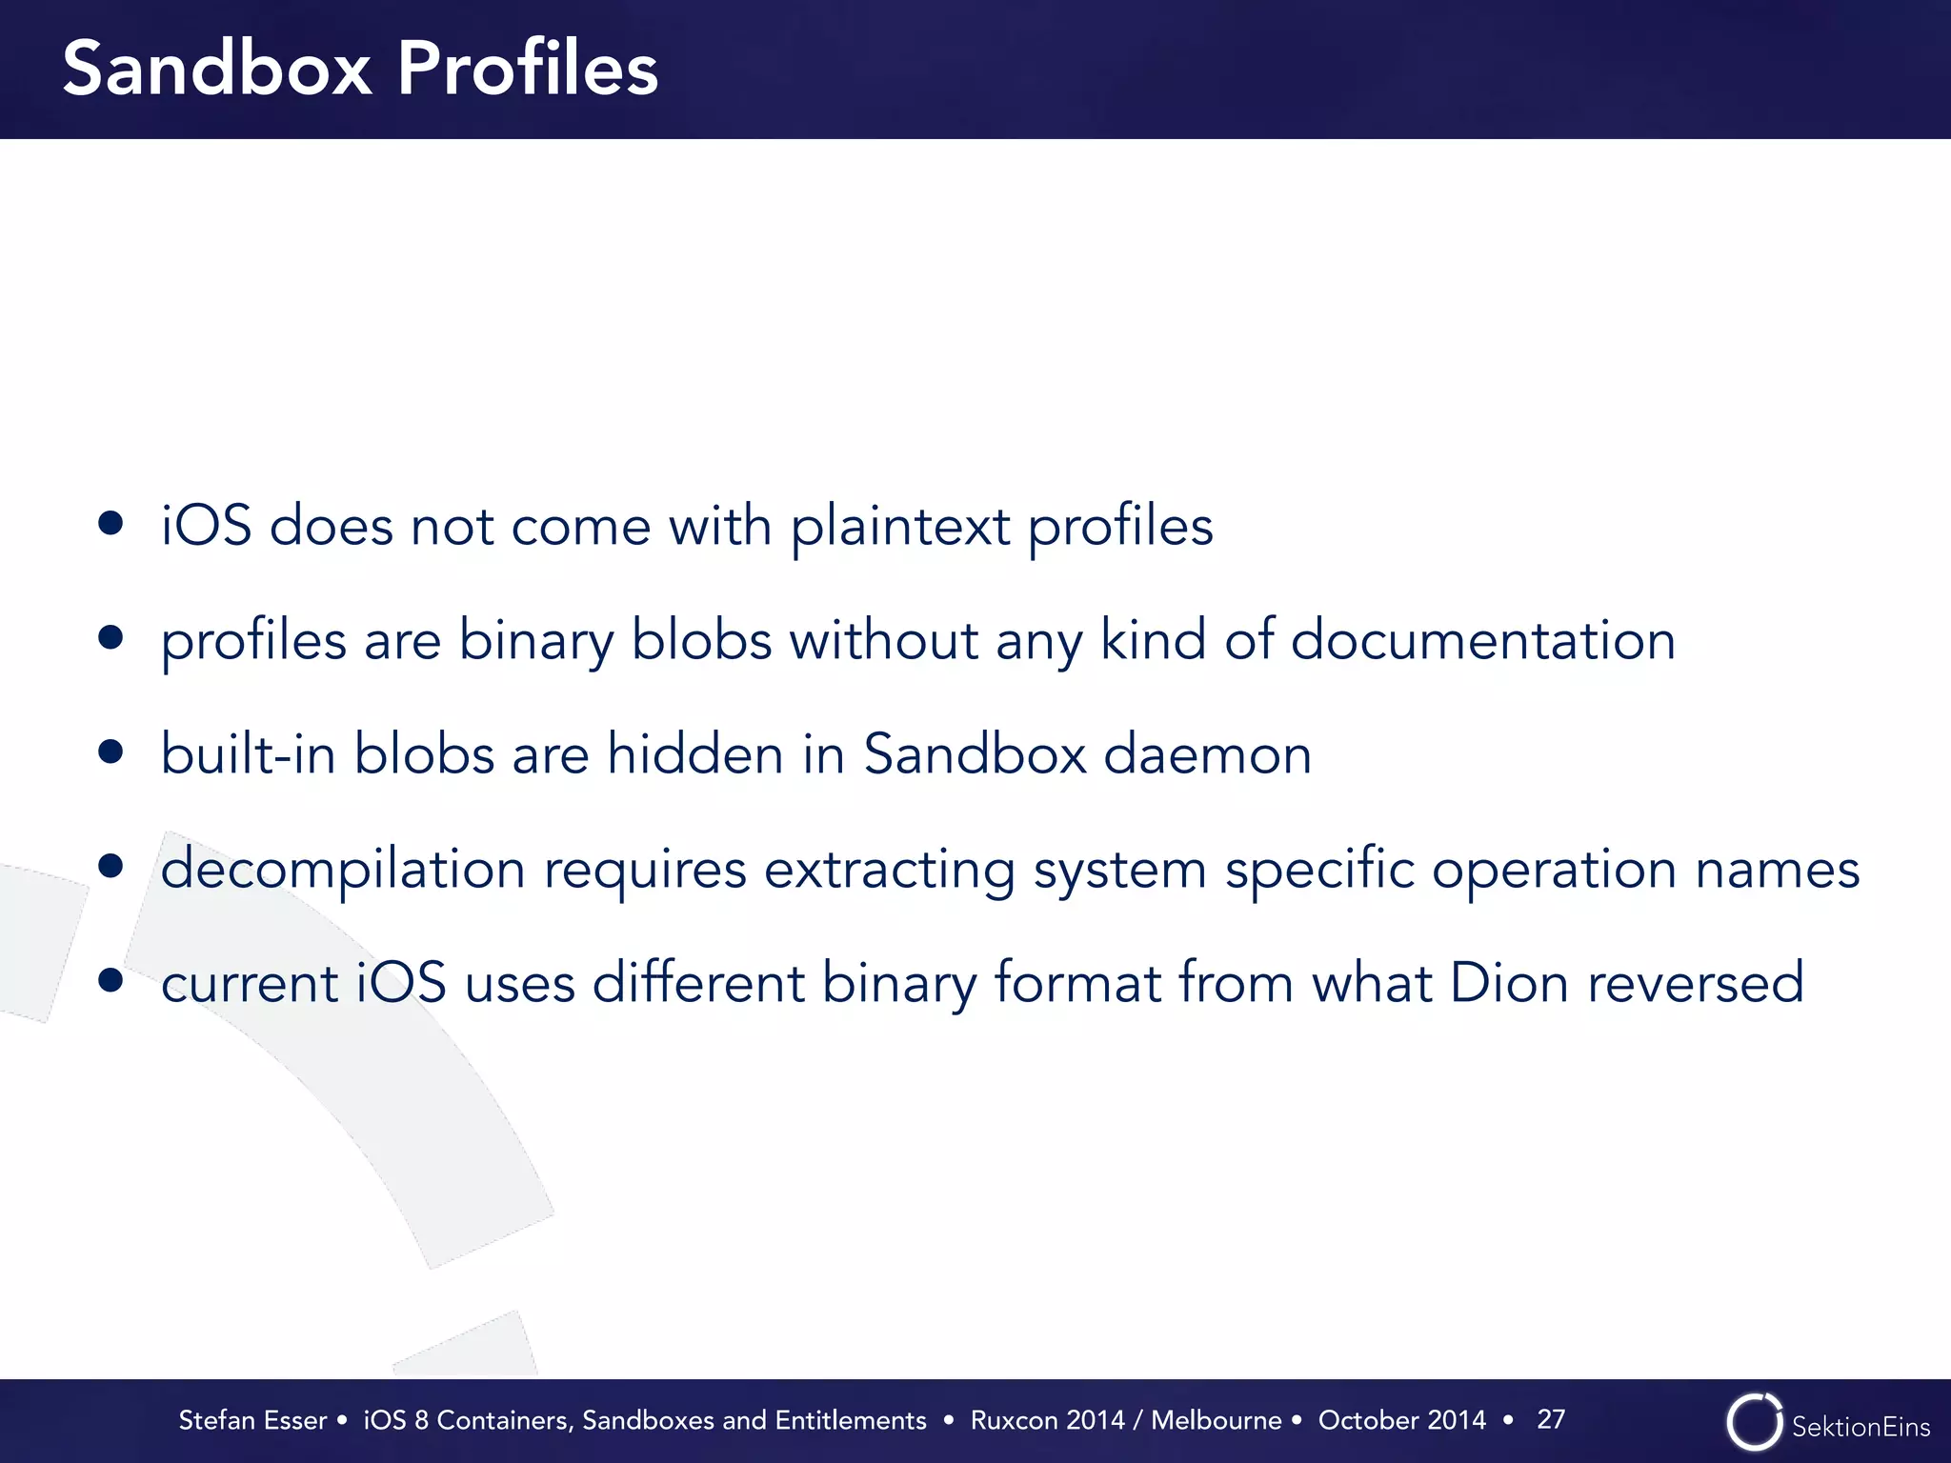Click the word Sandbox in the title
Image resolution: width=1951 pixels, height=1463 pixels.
217,69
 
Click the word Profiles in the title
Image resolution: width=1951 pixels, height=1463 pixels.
527,69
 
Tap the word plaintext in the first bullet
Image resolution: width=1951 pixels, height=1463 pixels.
900,527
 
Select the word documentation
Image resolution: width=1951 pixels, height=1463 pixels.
1482,639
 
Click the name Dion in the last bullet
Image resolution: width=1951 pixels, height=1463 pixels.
1509,983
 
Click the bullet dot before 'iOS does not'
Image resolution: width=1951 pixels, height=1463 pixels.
111,523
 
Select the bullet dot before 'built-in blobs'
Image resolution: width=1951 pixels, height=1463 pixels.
111,752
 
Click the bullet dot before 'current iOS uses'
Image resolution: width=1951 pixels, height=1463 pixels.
111,980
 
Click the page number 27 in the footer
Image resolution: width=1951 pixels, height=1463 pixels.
1551,1419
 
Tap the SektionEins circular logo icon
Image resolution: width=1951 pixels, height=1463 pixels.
1754,1422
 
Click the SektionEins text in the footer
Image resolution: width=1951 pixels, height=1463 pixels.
1860,1427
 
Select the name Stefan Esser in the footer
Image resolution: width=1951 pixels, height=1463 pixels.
252,1420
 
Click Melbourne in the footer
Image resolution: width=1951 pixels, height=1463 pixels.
1216,1420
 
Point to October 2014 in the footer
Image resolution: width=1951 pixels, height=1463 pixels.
1401,1420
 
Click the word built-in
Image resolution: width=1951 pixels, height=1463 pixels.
248,754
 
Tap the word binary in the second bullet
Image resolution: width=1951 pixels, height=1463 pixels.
536,641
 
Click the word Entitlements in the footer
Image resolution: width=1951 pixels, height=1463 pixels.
850,1420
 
